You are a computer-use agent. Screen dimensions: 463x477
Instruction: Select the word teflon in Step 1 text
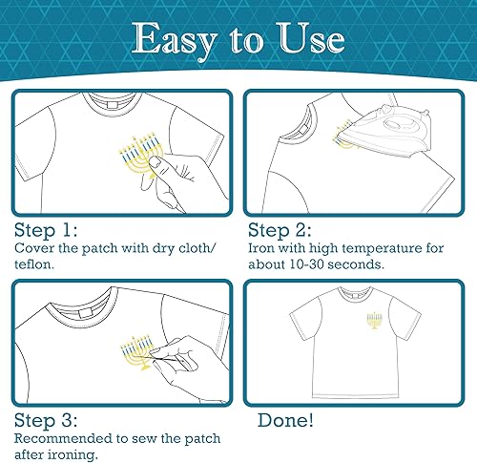[36, 263]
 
